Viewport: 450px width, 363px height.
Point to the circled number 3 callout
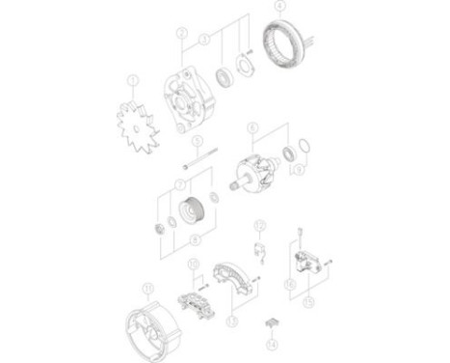click(204, 40)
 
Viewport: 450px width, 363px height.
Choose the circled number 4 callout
click(279, 8)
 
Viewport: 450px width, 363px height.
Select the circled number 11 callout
click(147, 287)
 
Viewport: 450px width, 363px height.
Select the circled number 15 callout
click(308, 299)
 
